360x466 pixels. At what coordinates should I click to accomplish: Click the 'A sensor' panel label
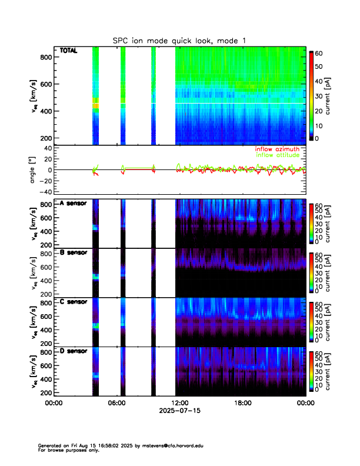tap(73, 204)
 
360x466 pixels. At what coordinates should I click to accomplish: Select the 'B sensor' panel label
tap(73, 252)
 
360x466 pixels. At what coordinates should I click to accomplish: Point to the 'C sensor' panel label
tap(73, 302)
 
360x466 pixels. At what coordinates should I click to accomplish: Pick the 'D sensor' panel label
tap(73, 351)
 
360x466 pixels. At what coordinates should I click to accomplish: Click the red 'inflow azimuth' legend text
tap(276, 149)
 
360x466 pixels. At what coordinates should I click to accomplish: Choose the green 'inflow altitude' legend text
tap(276, 155)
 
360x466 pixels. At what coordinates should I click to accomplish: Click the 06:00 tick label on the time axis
tap(116, 403)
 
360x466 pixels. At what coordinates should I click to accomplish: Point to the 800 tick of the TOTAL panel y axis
tap(44, 57)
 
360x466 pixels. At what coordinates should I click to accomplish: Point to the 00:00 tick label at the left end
tap(54, 403)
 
